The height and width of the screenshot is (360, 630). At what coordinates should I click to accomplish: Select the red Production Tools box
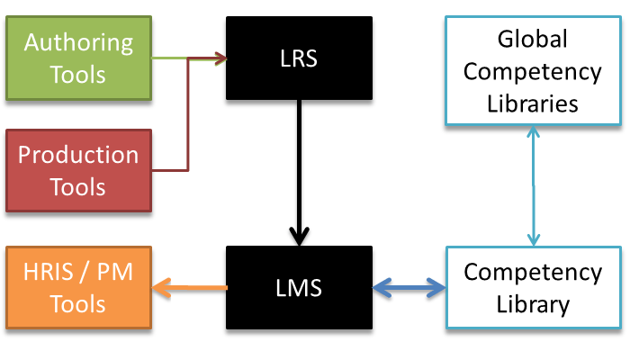pyautogui.click(x=78, y=169)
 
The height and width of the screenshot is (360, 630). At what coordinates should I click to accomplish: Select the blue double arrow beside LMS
pyautogui.click(x=409, y=289)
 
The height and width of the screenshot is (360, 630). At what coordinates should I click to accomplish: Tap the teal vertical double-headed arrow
pyautogui.click(x=533, y=184)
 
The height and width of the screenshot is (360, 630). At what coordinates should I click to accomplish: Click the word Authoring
pyautogui.click(x=78, y=41)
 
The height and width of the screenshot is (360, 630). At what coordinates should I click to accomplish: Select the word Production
pyautogui.click(x=78, y=155)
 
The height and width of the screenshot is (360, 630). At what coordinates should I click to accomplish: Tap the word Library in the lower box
pyautogui.click(x=533, y=303)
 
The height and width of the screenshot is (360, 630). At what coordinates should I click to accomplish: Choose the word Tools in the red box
pyautogui.click(x=78, y=186)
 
